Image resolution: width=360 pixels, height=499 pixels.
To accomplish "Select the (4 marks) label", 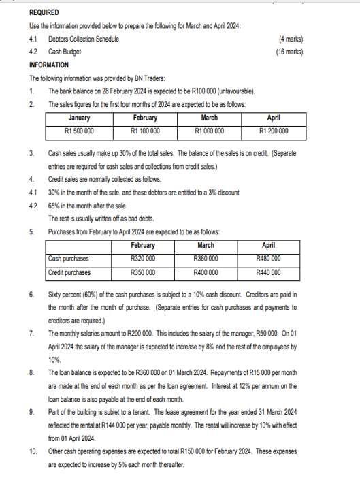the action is click(x=291, y=39).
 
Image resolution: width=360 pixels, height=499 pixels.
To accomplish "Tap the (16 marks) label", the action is click(x=289, y=51).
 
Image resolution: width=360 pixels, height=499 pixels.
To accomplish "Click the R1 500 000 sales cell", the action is click(x=79, y=131).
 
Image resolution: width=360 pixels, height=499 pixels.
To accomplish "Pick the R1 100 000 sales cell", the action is click(x=145, y=131).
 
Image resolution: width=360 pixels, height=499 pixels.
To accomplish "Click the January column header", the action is click(x=79, y=118).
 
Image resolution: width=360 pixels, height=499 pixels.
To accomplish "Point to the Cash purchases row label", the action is click(x=69, y=259).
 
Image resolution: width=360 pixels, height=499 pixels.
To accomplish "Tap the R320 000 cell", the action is click(x=142, y=259).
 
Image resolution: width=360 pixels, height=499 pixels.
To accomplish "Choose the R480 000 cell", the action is click(x=269, y=259).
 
